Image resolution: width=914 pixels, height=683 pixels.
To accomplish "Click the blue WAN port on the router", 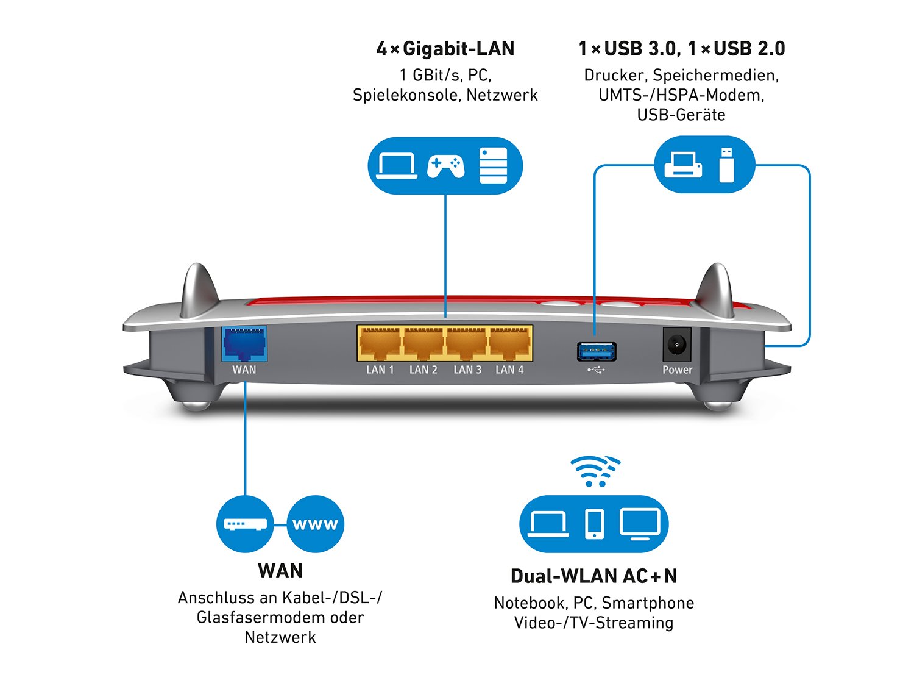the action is click(x=244, y=344).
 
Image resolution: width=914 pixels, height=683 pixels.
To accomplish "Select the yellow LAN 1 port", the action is click(x=380, y=343).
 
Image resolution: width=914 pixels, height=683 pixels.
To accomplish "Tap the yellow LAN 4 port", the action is click(x=510, y=343).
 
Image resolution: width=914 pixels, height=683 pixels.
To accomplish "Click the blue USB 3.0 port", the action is click(x=597, y=351).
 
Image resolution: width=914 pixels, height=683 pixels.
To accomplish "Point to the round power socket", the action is click(x=676, y=345).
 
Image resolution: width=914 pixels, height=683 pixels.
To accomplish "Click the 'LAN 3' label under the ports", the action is click(x=467, y=370).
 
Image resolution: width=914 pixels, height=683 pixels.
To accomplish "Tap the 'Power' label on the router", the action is click(x=677, y=370).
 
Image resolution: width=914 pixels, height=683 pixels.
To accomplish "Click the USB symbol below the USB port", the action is click(x=596, y=369).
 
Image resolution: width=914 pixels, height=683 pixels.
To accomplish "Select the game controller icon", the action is click(x=445, y=166).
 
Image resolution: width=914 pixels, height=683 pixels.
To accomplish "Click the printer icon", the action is click(x=683, y=165).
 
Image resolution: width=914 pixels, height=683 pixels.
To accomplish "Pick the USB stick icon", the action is click(x=726, y=165).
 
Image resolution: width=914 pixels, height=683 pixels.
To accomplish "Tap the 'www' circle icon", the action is click(x=315, y=524).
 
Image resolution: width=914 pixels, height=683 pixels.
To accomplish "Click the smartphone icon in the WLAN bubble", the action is click(x=594, y=524).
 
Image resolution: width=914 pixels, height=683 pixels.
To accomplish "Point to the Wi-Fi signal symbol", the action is click(x=595, y=471).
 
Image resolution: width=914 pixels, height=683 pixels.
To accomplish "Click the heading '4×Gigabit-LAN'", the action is click(x=445, y=49).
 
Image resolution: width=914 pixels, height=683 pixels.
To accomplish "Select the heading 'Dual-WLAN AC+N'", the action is click(x=593, y=576).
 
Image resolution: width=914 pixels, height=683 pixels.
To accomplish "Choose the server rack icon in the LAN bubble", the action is click(x=493, y=165).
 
